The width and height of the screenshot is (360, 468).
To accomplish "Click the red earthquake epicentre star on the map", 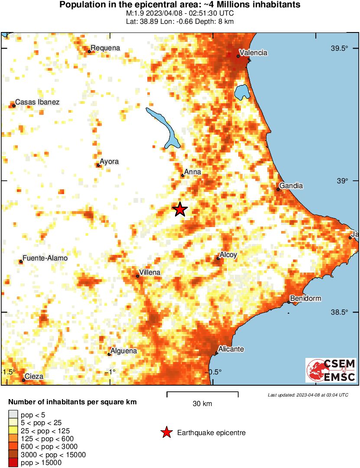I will pyautogui.click(x=180, y=210).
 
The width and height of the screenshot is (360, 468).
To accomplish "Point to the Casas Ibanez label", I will pyautogui.click(x=37, y=102).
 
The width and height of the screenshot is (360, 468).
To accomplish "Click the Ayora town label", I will pyautogui.click(x=109, y=162).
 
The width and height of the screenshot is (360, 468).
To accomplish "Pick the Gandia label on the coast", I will pyautogui.click(x=291, y=186).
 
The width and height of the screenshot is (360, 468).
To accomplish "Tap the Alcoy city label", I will pyautogui.click(x=228, y=255).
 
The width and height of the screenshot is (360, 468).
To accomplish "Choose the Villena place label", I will pyautogui.click(x=150, y=273).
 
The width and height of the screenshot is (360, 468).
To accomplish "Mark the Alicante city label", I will pyautogui.click(x=231, y=349).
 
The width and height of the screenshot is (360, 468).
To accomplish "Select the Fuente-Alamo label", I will pyautogui.click(x=45, y=258).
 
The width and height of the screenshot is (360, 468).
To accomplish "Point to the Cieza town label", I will pyautogui.click(x=34, y=377).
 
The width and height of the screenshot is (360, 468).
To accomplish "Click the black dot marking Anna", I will pyautogui.click(x=183, y=175).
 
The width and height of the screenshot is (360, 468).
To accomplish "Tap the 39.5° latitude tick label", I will pyautogui.click(x=340, y=49).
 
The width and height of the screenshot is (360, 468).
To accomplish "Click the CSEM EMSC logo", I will pyautogui.click(x=331, y=370).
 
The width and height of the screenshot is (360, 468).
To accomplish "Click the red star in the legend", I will pyautogui.click(x=166, y=432).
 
